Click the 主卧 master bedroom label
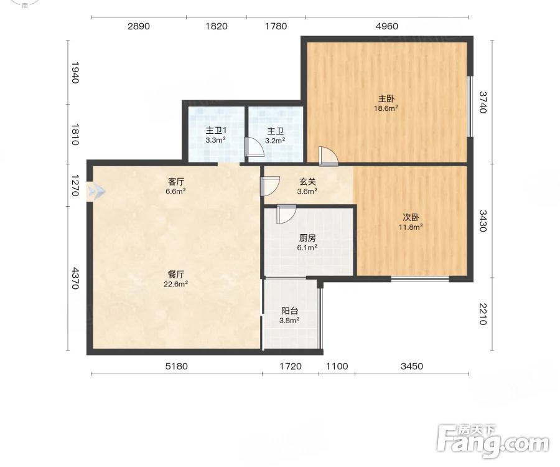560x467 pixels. point(386,98)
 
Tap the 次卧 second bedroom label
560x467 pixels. point(411,217)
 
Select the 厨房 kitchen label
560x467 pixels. point(307,238)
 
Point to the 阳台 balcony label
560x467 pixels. point(289,311)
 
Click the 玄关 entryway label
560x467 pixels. point(307,182)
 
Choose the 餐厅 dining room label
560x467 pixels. point(175,275)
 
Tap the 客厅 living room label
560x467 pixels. point(175,182)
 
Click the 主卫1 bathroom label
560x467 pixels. point(216,131)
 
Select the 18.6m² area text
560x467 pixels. point(386,108)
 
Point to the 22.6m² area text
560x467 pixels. point(175,285)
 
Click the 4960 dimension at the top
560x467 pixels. point(387,26)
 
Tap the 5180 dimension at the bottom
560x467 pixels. point(177,366)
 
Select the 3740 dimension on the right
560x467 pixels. point(483,102)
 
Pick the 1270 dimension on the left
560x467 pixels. point(75,186)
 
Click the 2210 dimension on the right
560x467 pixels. point(483,314)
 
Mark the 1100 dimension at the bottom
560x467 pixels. point(337,366)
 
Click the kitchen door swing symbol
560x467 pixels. point(286,214)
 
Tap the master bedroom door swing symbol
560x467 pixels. point(328,156)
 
